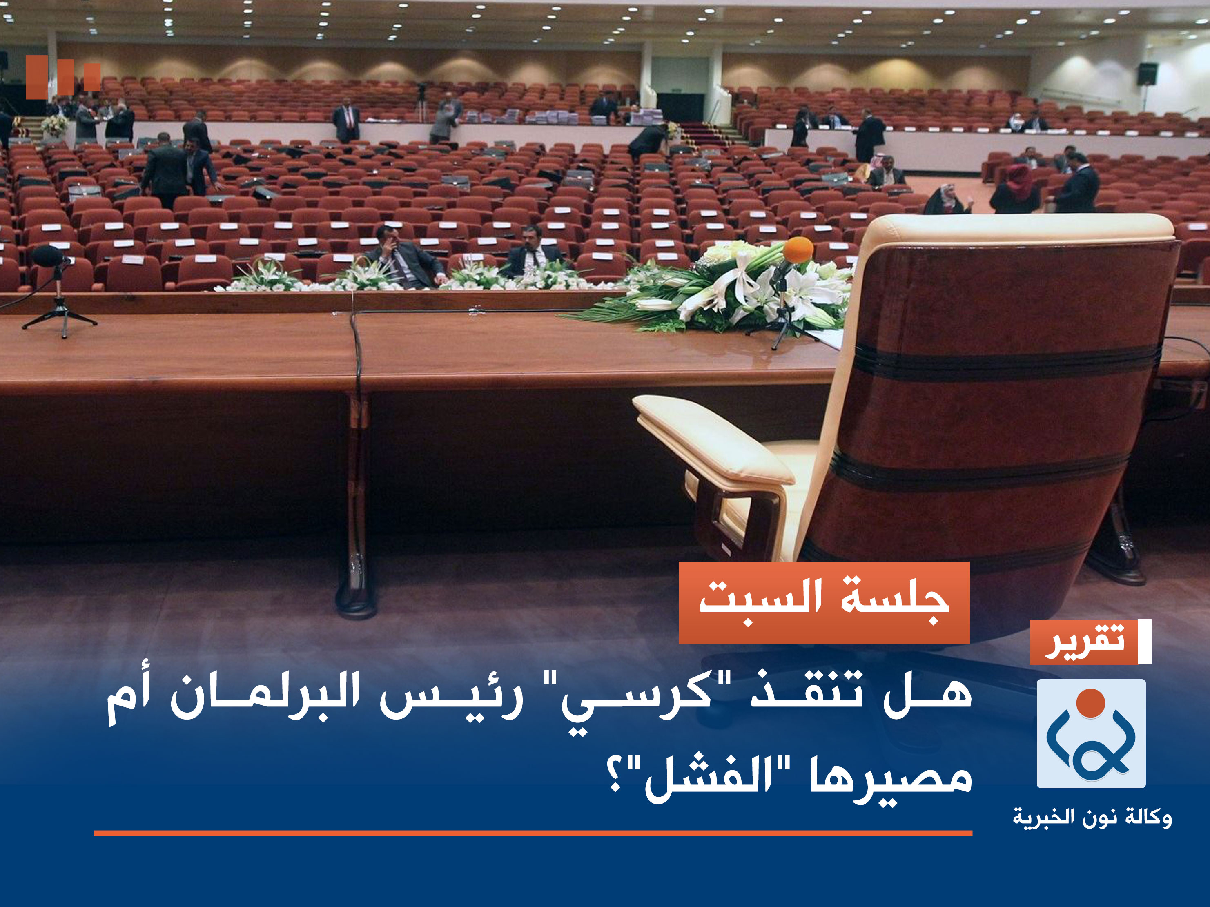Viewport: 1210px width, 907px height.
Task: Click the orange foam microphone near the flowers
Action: click(798, 250)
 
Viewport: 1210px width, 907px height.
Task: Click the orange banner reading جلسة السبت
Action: click(824, 602)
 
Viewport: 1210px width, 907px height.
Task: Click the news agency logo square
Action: click(1091, 733)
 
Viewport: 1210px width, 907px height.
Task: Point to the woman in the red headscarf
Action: click(1016, 189)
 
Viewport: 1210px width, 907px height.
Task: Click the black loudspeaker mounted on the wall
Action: click(1147, 74)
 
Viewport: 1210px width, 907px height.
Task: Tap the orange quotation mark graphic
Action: click(63, 77)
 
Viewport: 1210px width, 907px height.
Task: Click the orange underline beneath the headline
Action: click(533, 833)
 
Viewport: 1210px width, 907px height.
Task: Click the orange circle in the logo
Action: click(1090, 703)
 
